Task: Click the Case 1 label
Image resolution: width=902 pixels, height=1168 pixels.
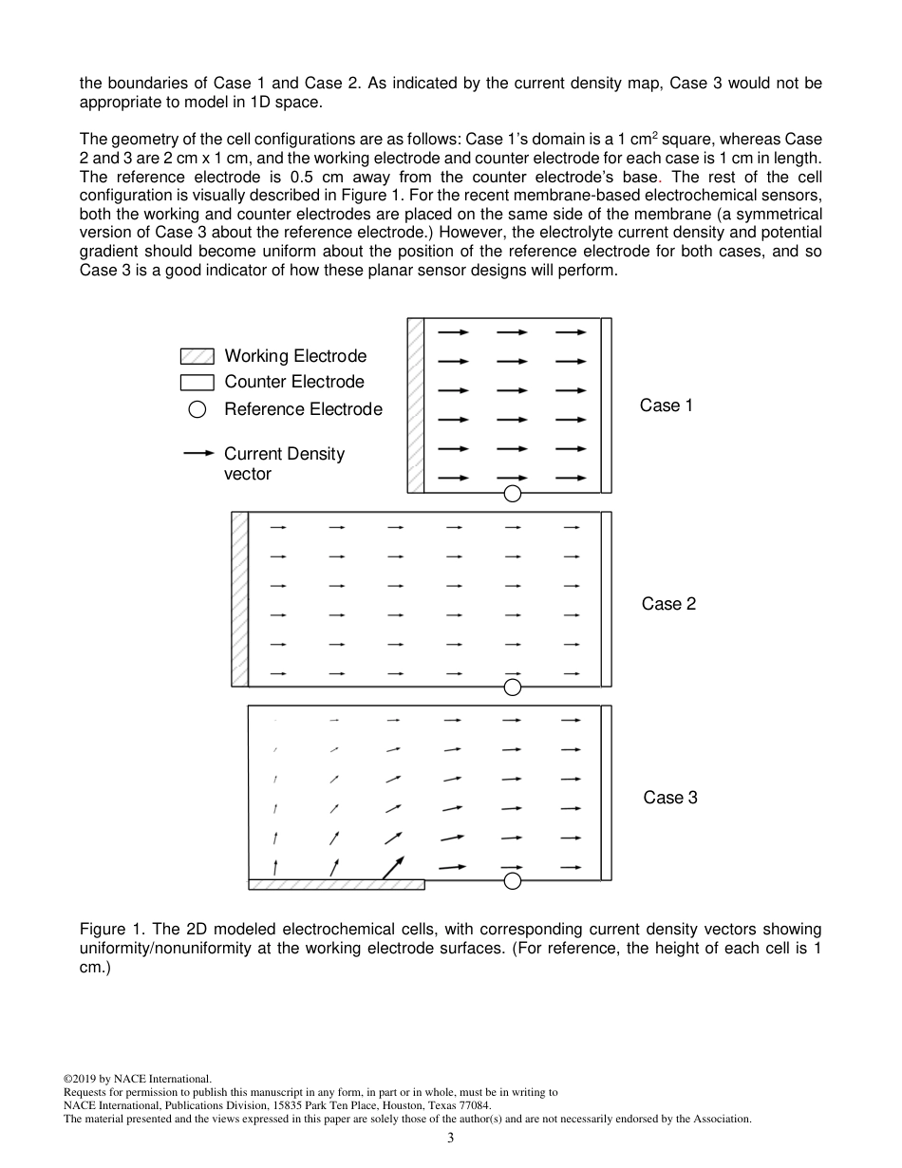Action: (x=667, y=405)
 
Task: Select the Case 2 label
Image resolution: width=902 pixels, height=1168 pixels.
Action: (x=668, y=604)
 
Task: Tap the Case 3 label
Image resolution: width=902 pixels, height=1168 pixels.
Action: (x=670, y=798)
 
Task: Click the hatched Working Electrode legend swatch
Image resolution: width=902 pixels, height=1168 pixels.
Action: (x=197, y=357)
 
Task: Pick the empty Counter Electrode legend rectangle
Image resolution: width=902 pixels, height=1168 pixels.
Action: (x=197, y=383)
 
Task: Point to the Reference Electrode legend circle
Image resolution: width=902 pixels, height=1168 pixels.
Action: (x=197, y=410)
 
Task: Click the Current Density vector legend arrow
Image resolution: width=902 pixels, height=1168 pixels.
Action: (x=197, y=454)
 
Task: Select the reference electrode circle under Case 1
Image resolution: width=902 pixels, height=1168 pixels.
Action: (x=513, y=493)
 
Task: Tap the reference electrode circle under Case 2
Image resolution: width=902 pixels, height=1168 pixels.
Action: (x=513, y=687)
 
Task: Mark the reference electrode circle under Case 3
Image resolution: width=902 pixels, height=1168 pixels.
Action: (x=513, y=881)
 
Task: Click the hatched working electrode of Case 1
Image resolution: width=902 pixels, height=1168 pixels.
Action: (x=415, y=405)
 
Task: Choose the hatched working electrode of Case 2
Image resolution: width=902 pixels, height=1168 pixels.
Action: (x=239, y=599)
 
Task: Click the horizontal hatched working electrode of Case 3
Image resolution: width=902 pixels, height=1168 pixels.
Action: (x=336, y=884)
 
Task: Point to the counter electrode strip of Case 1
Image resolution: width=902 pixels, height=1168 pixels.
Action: (x=607, y=405)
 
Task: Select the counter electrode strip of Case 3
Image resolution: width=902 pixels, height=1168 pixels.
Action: (x=607, y=793)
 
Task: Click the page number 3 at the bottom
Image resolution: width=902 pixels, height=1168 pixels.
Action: (x=451, y=1139)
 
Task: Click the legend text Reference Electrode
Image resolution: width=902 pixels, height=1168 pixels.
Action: (x=303, y=409)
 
